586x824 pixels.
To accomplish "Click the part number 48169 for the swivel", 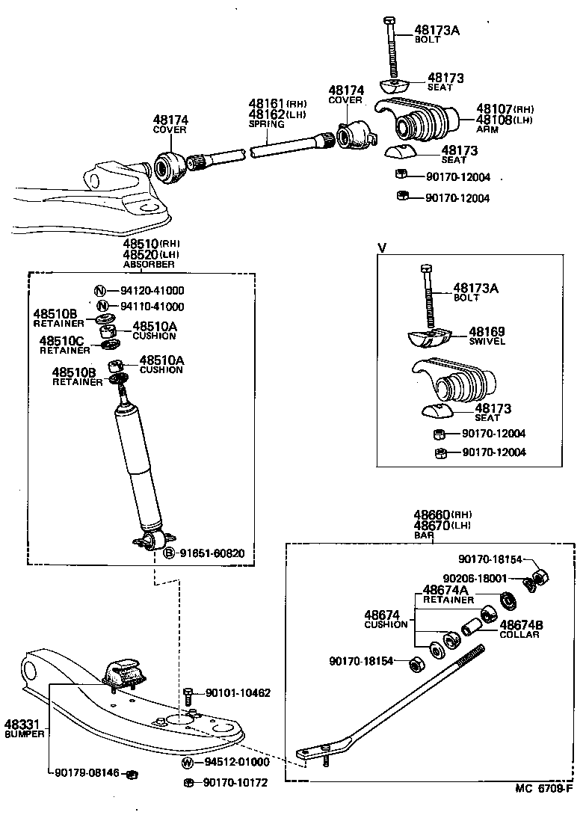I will tap(487, 331).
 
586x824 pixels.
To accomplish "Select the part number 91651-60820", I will tap(212, 553).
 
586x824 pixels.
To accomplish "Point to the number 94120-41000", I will tap(152, 291).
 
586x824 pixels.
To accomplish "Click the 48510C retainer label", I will tap(61, 340).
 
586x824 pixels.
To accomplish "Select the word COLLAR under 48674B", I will tap(519, 635).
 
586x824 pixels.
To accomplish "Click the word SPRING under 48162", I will tap(263, 124).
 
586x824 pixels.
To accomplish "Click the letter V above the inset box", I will tap(382, 247).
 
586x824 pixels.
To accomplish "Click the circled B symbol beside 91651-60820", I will tap(169, 553).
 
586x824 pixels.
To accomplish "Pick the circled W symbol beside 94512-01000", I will tap(188, 762).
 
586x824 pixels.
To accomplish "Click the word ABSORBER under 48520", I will tap(149, 264).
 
